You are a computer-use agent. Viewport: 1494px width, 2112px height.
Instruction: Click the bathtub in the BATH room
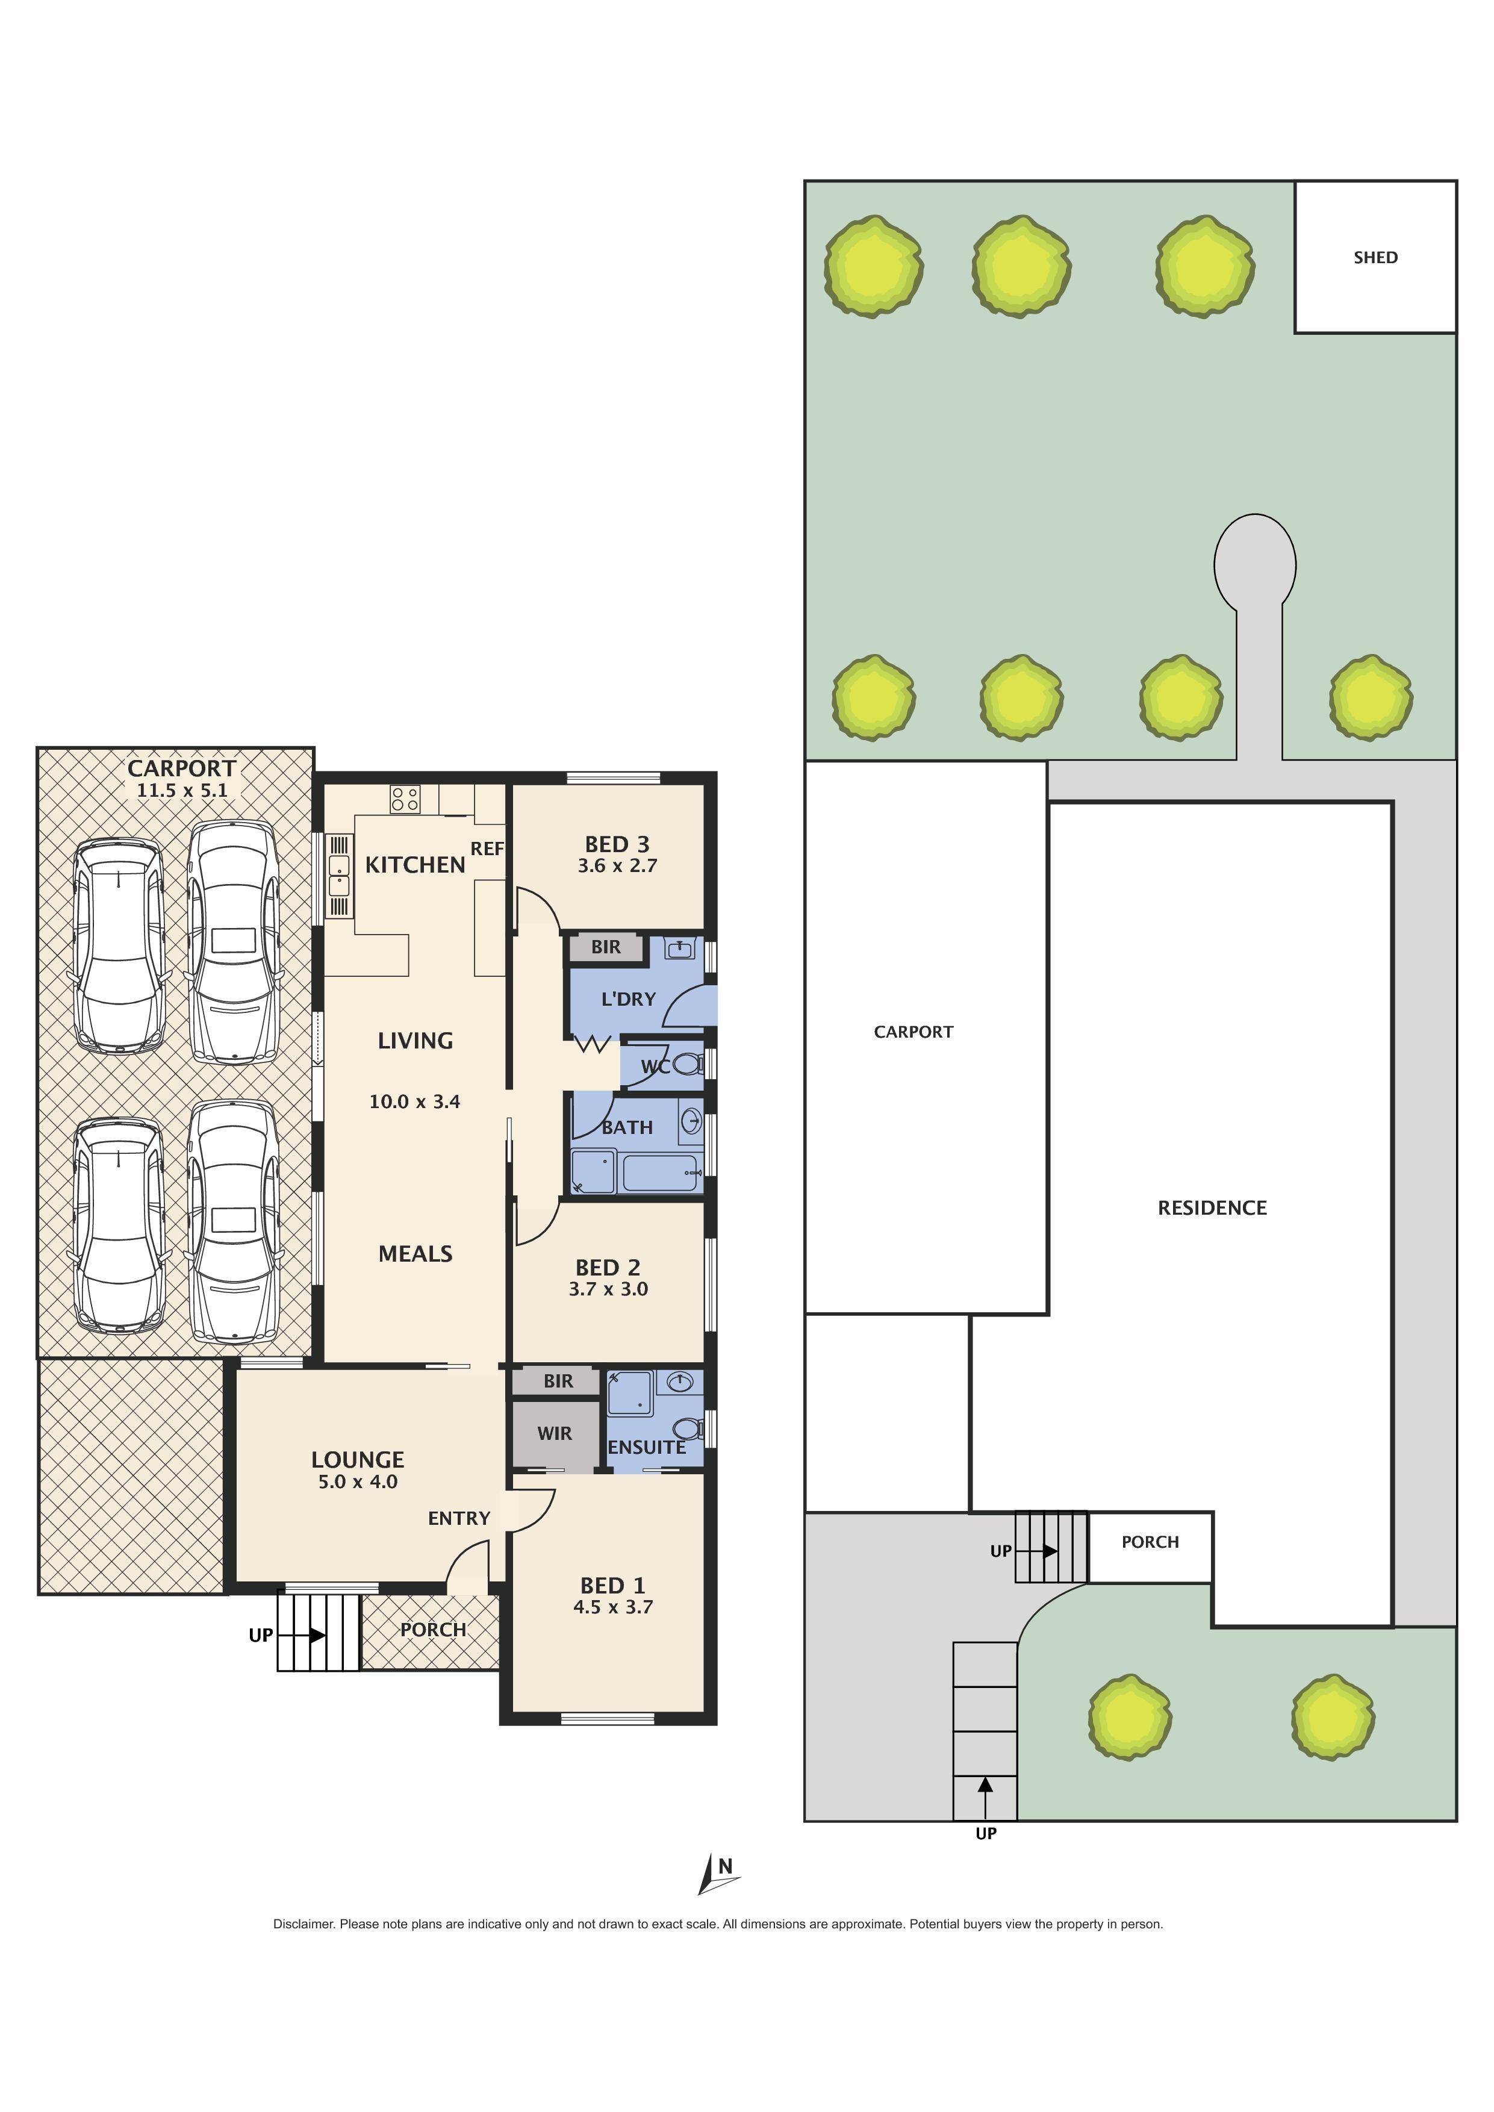point(661,1173)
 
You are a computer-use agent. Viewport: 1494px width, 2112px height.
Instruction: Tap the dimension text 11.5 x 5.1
point(182,790)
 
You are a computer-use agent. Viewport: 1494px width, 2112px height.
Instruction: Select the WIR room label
point(554,1433)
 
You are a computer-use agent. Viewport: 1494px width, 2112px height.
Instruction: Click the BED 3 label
point(617,844)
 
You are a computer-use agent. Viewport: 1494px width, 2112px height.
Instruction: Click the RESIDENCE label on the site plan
point(1212,1208)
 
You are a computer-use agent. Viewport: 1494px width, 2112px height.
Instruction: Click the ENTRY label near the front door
point(458,1518)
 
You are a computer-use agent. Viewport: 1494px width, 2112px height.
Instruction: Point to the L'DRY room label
point(627,999)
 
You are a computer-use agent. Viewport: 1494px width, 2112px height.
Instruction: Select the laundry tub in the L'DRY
point(680,949)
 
